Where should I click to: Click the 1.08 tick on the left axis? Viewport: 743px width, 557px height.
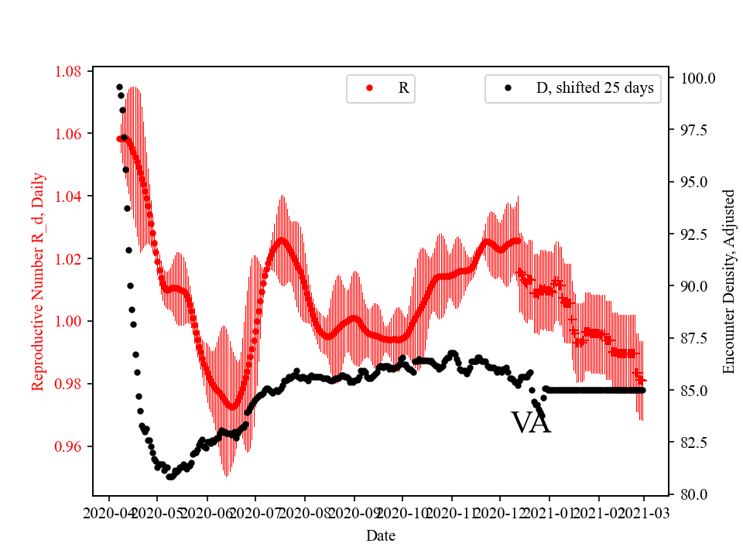[68, 72]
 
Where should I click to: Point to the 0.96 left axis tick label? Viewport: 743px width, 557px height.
[68, 446]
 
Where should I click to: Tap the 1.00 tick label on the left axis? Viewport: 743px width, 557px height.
[68, 321]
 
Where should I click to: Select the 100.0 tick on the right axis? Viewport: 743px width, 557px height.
[697, 78]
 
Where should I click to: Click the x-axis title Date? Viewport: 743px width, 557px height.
[381, 535]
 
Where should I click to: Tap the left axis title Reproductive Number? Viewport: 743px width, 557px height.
[38, 282]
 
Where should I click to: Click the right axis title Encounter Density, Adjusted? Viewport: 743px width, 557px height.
[728, 282]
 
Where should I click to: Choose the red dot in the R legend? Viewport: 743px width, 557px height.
[369, 88]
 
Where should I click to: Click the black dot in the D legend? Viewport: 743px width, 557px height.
[508, 88]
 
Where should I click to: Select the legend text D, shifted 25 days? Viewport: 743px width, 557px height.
[594, 88]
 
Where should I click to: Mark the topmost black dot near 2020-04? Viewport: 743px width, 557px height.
[119, 87]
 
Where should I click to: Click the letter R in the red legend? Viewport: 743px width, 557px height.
[403, 88]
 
